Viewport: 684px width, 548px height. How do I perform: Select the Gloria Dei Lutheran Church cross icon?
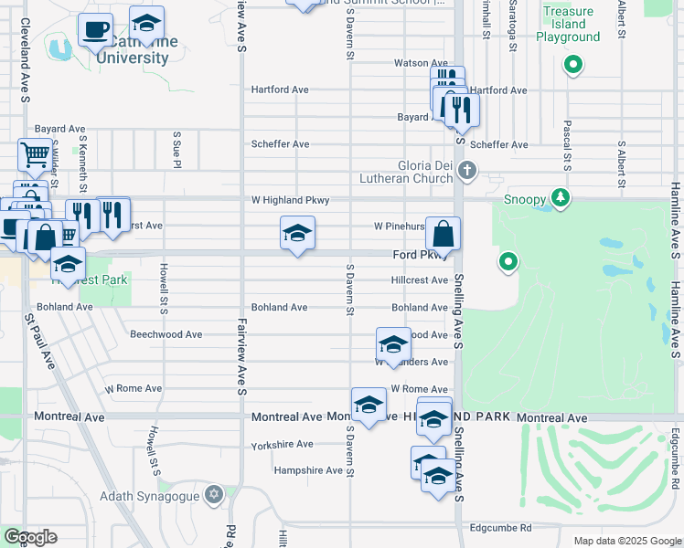[x=467, y=171]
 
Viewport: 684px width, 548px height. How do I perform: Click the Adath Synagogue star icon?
[x=214, y=494]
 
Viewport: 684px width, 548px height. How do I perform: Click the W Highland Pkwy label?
[x=290, y=200]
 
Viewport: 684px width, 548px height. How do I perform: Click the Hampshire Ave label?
[x=306, y=470]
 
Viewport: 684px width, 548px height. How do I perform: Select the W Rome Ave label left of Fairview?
[x=134, y=388]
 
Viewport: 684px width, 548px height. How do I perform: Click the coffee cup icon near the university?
[x=95, y=30]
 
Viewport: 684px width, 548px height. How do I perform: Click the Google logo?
[x=30, y=537]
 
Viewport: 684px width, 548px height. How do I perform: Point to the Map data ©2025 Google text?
[x=626, y=541]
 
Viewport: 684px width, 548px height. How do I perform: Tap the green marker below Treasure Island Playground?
[x=572, y=64]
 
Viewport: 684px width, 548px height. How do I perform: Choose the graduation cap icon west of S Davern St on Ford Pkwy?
[x=297, y=234]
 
